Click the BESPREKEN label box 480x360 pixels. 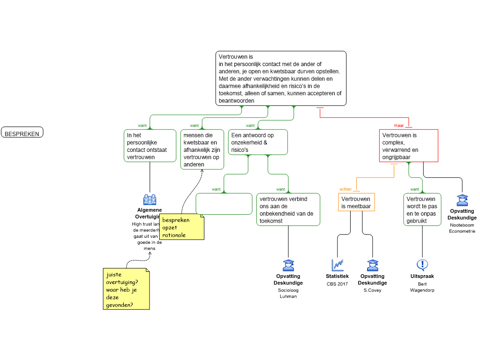click(x=22, y=133)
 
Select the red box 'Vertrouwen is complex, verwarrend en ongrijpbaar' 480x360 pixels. click(x=408, y=146)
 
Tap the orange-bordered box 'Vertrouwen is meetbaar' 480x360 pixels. click(x=356, y=202)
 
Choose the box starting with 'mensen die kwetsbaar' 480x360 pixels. click(x=202, y=150)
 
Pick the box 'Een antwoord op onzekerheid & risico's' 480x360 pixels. click(x=258, y=142)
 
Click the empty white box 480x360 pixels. click(x=224, y=204)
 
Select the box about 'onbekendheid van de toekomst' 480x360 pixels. click(x=288, y=210)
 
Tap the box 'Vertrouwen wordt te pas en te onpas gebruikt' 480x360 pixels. click(x=422, y=210)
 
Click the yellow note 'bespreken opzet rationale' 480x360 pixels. click(x=181, y=227)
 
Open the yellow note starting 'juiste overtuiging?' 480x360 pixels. click(x=126, y=289)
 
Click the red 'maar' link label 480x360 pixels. click(x=399, y=126)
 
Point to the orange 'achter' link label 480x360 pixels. click(x=345, y=189)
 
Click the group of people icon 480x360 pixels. click(x=150, y=200)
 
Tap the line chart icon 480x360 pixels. click(x=337, y=265)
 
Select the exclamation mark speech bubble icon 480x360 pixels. click(x=422, y=265)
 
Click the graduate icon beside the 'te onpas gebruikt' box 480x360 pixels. click(x=462, y=200)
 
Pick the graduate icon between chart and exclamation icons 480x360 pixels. click(x=373, y=265)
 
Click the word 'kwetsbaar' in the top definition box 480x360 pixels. click(x=296, y=71)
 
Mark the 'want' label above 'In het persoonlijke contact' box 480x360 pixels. click(x=142, y=126)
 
